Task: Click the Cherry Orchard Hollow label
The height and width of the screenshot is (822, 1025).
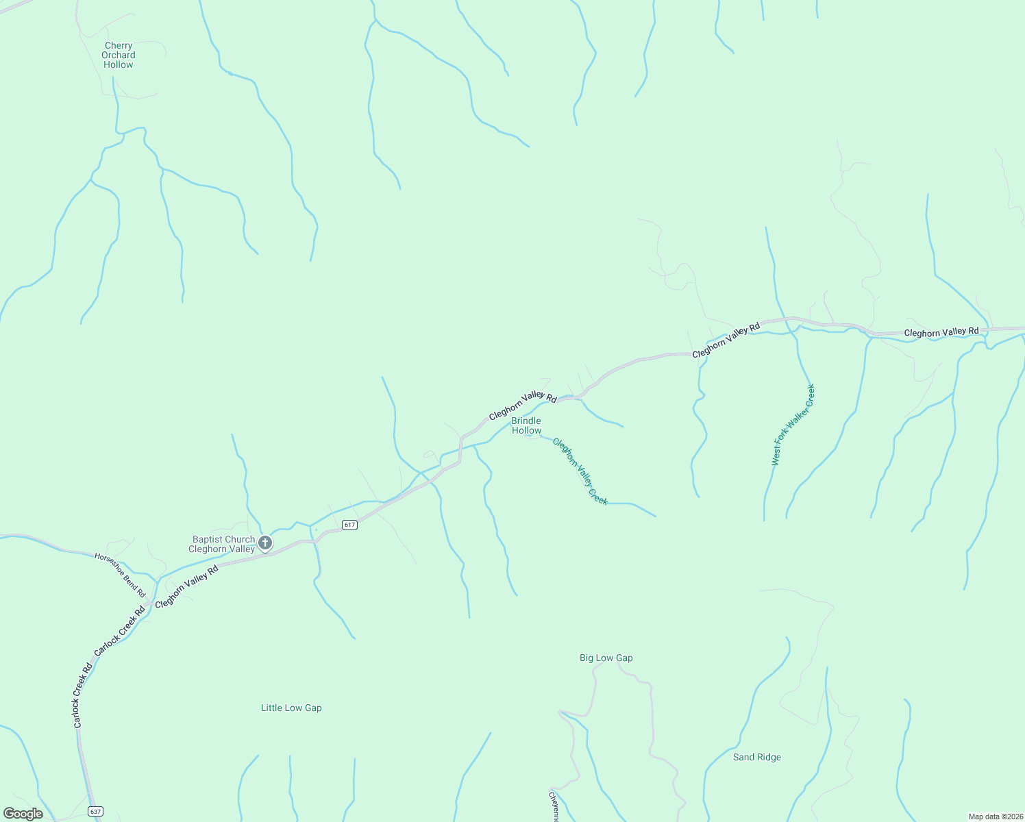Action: (119, 55)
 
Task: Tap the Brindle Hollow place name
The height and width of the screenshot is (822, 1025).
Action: (526, 425)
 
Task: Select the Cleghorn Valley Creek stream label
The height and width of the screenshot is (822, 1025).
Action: (580, 472)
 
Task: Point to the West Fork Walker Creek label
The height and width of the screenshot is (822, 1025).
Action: (793, 425)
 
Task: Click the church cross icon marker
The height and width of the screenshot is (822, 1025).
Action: (265, 544)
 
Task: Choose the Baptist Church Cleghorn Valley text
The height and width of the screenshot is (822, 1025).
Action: (222, 545)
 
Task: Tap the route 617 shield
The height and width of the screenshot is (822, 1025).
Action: (349, 525)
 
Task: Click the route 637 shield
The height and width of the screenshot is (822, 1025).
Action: (95, 811)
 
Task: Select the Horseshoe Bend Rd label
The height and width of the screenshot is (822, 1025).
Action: (121, 575)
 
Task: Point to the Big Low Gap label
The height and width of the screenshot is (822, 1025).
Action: (606, 658)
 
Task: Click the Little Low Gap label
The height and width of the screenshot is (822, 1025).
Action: (291, 708)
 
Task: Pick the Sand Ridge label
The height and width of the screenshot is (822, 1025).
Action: (757, 758)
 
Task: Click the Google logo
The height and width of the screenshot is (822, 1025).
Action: (23, 814)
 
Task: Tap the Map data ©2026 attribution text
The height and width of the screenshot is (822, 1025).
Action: (995, 817)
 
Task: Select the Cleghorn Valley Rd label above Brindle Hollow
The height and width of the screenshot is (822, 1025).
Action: (523, 406)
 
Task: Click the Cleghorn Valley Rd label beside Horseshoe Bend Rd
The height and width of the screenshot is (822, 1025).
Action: (186, 586)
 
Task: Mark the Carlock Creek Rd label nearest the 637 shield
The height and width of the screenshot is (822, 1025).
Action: (82, 695)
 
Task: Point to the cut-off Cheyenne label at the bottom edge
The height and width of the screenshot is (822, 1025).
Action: (553, 807)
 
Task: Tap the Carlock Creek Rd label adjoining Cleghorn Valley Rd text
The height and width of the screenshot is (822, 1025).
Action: (120, 630)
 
